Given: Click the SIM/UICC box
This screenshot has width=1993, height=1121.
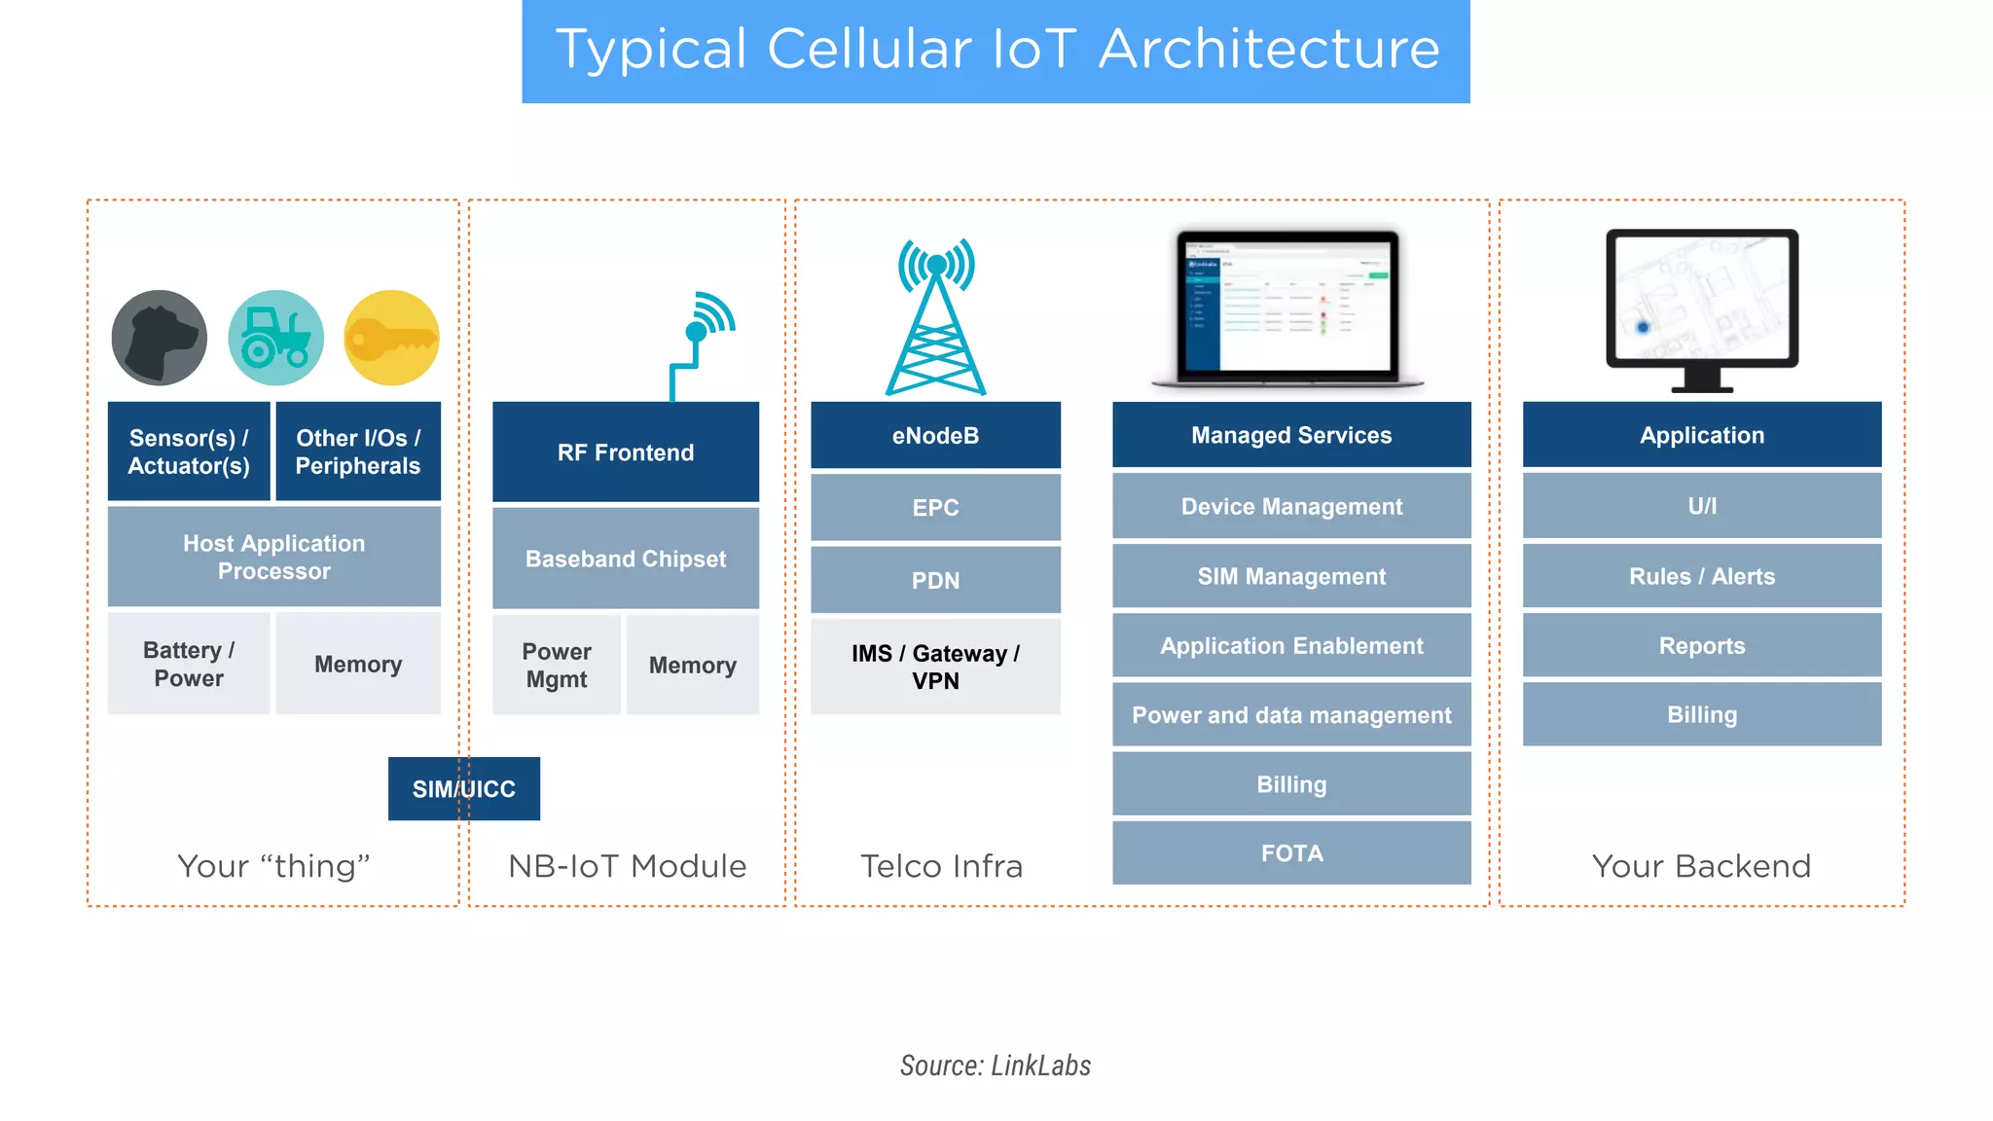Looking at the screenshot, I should point(463,788).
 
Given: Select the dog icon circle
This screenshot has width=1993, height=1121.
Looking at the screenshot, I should point(159,338).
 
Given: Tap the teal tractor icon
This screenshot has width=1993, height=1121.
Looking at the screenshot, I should point(275,338).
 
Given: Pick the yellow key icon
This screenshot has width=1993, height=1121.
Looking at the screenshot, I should point(392,338).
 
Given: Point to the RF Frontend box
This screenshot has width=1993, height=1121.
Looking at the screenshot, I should point(625,452).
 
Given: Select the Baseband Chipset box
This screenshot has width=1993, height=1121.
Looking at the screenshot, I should point(625,559).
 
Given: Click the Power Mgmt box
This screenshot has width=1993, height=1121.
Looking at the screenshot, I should point(556,665).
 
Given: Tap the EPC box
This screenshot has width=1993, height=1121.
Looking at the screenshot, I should point(935,507).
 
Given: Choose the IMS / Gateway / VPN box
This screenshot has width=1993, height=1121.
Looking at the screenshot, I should point(935,667).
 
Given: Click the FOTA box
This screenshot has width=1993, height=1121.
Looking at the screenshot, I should point(1291,853).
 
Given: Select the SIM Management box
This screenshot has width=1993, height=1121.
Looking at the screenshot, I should point(1291,576).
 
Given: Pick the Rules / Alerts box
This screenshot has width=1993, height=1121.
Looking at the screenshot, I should point(1701,576).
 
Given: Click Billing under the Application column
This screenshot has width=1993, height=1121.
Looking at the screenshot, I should point(1701,714).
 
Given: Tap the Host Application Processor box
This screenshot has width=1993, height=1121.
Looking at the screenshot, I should point(273,557).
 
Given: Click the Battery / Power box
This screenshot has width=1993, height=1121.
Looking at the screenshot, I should point(188,664).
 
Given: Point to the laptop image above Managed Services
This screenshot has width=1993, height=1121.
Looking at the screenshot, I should point(1286,308).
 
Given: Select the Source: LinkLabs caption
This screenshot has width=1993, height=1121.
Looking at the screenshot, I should point(995,1066).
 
